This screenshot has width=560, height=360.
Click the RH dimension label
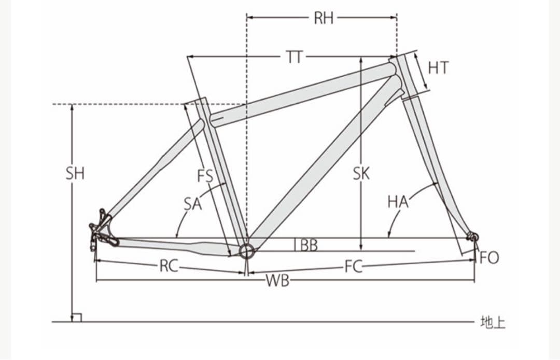coord(324,18)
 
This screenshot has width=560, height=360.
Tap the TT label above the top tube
coord(295,57)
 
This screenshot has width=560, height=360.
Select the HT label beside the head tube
coord(438,68)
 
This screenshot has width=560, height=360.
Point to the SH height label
coord(75,174)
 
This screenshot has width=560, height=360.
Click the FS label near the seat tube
coord(205,176)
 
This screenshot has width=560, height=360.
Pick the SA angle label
coord(193,204)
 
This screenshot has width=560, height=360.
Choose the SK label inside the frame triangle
coord(361,174)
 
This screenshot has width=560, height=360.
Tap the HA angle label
coord(398,202)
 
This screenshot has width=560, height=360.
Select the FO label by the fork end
coord(489,257)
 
